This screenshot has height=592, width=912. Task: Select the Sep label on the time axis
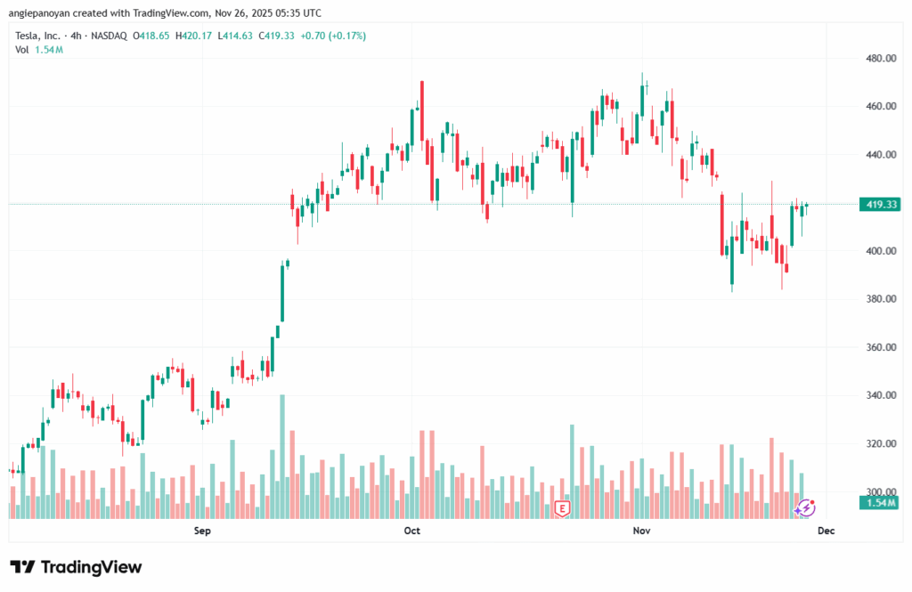click(x=202, y=531)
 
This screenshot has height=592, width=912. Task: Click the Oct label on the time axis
click(x=411, y=531)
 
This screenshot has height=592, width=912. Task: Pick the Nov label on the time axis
click(x=641, y=531)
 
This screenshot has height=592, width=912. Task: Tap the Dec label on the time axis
click(x=826, y=531)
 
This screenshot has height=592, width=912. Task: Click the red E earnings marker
click(x=562, y=508)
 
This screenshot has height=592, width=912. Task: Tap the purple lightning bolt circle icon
click(x=805, y=508)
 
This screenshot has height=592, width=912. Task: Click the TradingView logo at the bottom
click(x=76, y=567)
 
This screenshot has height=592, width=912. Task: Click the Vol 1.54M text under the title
click(x=38, y=50)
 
